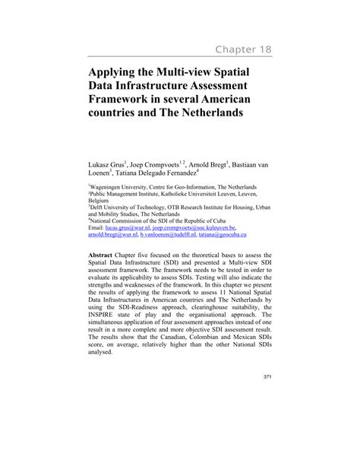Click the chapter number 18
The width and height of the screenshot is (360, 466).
(x=261, y=51)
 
